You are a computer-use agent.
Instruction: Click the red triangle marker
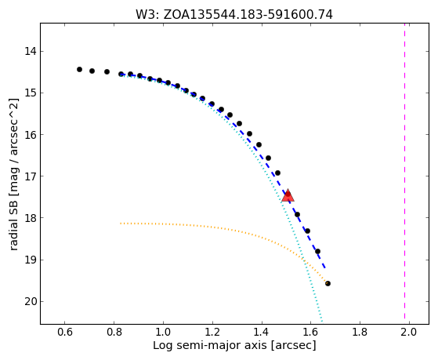[x=288, y=196]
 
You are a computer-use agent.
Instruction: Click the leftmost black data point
[x=79, y=69]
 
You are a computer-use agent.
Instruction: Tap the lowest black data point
[x=328, y=284]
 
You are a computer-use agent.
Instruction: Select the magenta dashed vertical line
[x=404, y=173]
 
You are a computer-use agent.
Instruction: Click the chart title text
[x=234, y=15]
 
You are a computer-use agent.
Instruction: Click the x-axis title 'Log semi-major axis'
[x=209, y=346]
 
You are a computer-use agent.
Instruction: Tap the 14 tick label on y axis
[x=29, y=52]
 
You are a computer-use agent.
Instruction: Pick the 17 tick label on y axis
[x=29, y=176]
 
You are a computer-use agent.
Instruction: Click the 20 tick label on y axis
[x=29, y=301]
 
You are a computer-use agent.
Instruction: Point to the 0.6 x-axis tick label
[x=65, y=333]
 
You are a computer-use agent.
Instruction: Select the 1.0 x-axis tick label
[x=163, y=333]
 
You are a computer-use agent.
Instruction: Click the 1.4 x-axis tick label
[x=262, y=333]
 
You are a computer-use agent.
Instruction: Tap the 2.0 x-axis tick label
[x=409, y=333]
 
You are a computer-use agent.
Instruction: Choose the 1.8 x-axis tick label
[x=360, y=333]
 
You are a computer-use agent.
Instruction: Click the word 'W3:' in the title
[x=147, y=15]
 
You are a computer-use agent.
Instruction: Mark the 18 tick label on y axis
[x=29, y=218]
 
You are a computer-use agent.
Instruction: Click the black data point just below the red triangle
[x=297, y=215]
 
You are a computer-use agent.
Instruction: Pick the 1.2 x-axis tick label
[x=212, y=333]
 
